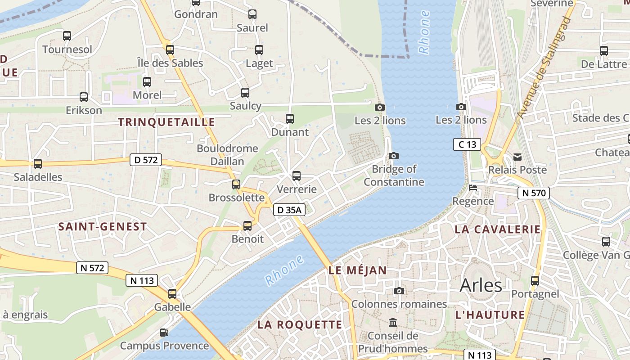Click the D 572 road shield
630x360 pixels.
pyautogui.click(x=145, y=159)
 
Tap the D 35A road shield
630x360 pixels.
pyautogui.click(x=289, y=209)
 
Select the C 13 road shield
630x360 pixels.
pyautogui.click(x=467, y=144)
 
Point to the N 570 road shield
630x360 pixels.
pyautogui.click(x=534, y=193)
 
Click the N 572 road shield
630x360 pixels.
pyautogui.click(x=92, y=268)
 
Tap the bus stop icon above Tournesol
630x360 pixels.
pyautogui.click(x=67, y=36)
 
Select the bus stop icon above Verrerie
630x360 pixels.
pyautogui.click(x=296, y=176)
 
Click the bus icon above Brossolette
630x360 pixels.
pyautogui.click(x=236, y=184)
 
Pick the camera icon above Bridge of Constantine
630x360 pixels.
pyautogui.click(x=394, y=156)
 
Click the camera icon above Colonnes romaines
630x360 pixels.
pyautogui.click(x=399, y=291)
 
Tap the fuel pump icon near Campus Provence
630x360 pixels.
pyautogui.click(x=164, y=333)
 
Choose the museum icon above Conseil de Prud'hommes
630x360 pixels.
pyautogui.click(x=393, y=323)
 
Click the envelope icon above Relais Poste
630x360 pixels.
pyautogui.click(x=517, y=157)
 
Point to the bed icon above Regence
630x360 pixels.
pyautogui.click(x=472, y=188)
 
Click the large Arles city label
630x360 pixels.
pyautogui.click(x=481, y=285)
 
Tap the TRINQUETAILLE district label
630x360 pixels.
pyautogui.click(x=166, y=122)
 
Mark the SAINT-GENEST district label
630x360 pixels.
pyautogui.click(x=103, y=227)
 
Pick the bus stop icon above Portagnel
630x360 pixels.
pyautogui.click(x=535, y=281)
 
